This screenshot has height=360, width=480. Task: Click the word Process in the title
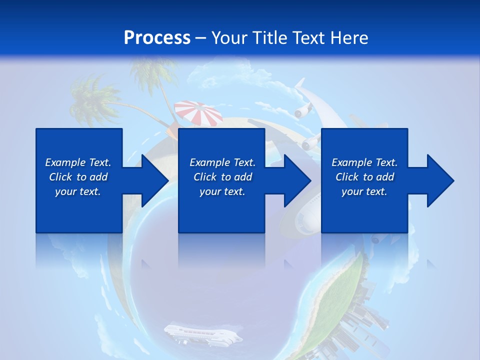(157, 38)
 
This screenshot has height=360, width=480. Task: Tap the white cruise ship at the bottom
(202, 334)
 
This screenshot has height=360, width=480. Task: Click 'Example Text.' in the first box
(78, 162)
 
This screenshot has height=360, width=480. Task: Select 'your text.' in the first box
(78, 191)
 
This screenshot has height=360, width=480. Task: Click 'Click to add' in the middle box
(222, 177)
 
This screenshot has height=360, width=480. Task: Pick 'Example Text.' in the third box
(364, 162)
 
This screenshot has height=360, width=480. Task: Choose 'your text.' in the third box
(364, 191)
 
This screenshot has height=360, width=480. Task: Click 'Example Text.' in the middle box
(222, 162)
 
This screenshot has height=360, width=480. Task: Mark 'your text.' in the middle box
(222, 191)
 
